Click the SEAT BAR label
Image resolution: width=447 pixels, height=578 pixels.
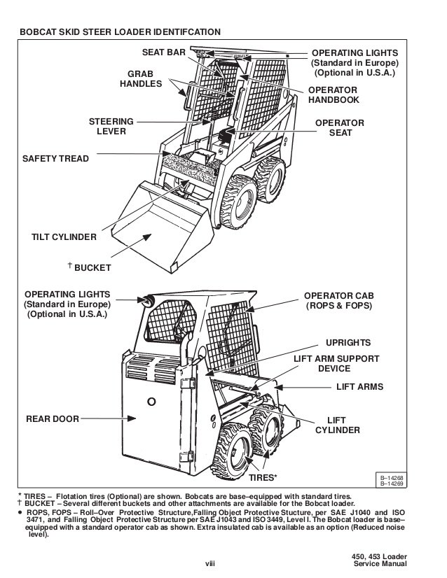163,53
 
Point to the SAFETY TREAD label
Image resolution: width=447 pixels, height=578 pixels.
56,159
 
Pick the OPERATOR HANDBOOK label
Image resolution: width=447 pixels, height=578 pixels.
333,95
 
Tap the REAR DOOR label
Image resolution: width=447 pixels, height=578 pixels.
52,419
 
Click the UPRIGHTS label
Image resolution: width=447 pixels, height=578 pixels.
349,342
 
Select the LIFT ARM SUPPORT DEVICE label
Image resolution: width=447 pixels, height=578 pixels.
336,364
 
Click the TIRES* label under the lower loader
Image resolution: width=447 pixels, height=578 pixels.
263,478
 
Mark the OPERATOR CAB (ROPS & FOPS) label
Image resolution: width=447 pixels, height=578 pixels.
338,301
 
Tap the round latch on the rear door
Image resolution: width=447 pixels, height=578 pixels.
151,402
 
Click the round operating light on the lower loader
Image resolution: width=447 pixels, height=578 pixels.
149,300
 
